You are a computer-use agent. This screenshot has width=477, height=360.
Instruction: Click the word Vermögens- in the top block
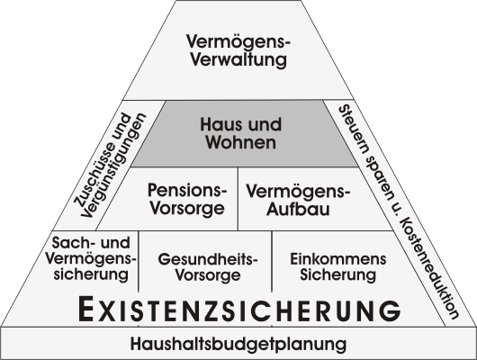coord(238,41)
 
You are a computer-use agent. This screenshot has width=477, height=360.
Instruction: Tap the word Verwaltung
coord(238,59)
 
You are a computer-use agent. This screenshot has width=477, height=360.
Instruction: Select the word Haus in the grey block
coord(220,125)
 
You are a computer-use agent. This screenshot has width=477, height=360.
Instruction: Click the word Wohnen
coord(240,142)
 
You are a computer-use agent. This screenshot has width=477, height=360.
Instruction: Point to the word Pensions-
coord(187,190)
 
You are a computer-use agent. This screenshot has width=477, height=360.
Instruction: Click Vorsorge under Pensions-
coord(187,209)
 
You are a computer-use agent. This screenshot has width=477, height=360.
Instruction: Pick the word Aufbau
coord(298,209)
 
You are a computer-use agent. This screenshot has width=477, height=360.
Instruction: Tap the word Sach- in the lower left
coord(71,242)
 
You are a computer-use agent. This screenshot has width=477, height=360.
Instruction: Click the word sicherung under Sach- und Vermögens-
coord(91,274)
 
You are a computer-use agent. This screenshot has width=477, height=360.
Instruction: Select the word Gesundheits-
coord(208,259)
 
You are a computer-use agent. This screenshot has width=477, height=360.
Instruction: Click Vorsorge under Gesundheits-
coord(208,275)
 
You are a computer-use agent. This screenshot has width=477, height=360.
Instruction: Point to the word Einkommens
coord(338,259)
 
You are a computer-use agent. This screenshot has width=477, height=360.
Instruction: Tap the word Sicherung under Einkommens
coord(338,275)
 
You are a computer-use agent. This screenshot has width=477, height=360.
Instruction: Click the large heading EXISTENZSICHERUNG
coord(239,310)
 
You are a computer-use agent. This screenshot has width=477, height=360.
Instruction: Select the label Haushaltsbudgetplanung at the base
coord(238,344)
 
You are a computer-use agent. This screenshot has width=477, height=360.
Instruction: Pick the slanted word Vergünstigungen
coord(113,166)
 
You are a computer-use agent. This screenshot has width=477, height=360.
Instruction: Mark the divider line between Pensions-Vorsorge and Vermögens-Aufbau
coord(238,198)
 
